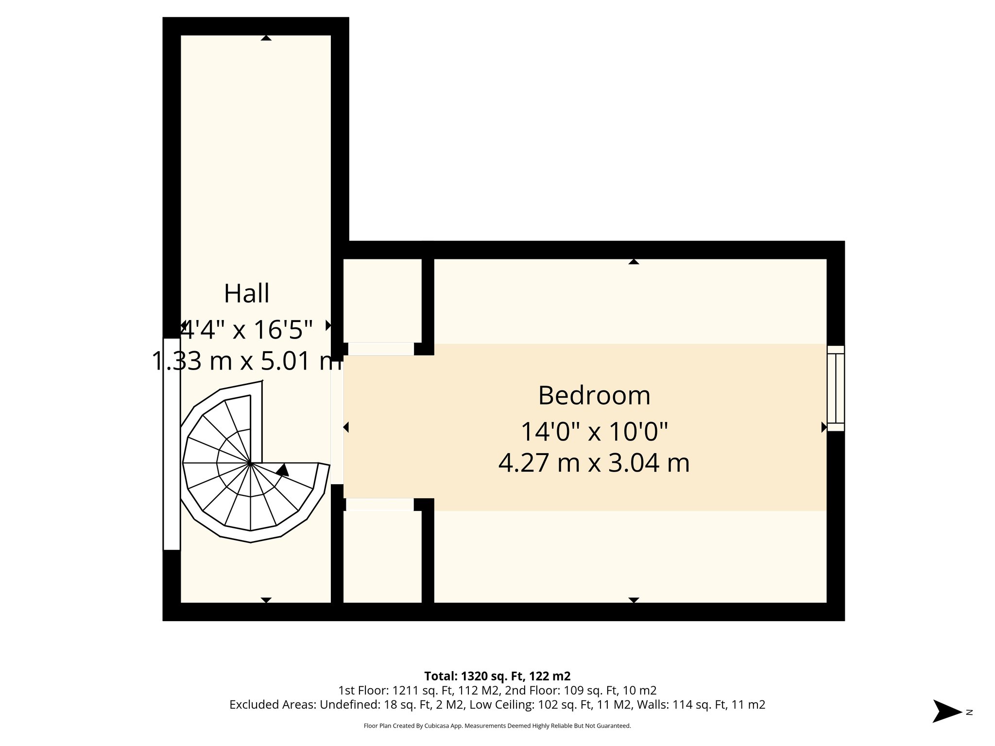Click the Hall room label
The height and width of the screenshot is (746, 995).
[246, 293]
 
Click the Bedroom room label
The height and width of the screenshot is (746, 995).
[594, 395]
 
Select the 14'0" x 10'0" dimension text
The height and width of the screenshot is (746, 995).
[594, 431]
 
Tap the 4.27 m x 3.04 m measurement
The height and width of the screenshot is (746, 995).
[594, 462]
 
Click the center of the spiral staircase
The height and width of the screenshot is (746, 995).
[250, 463]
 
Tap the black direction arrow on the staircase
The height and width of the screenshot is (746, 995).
[282, 470]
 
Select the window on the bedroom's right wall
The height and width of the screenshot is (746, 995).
[836, 388]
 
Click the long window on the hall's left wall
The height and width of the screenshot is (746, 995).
[172, 444]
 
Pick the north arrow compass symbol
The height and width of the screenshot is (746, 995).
[947, 712]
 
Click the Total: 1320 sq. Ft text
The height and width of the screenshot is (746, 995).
[497, 676]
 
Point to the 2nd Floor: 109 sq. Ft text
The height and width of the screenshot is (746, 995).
[581, 690]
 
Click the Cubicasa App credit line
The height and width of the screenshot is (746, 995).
[497, 726]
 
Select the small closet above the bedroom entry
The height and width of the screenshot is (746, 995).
[382, 300]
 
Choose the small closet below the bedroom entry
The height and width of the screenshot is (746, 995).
[382, 556]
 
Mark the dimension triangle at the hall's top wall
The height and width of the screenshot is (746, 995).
[266, 38]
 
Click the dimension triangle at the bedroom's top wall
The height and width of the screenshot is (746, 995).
[634, 261]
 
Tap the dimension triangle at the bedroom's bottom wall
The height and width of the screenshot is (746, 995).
[634, 600]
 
